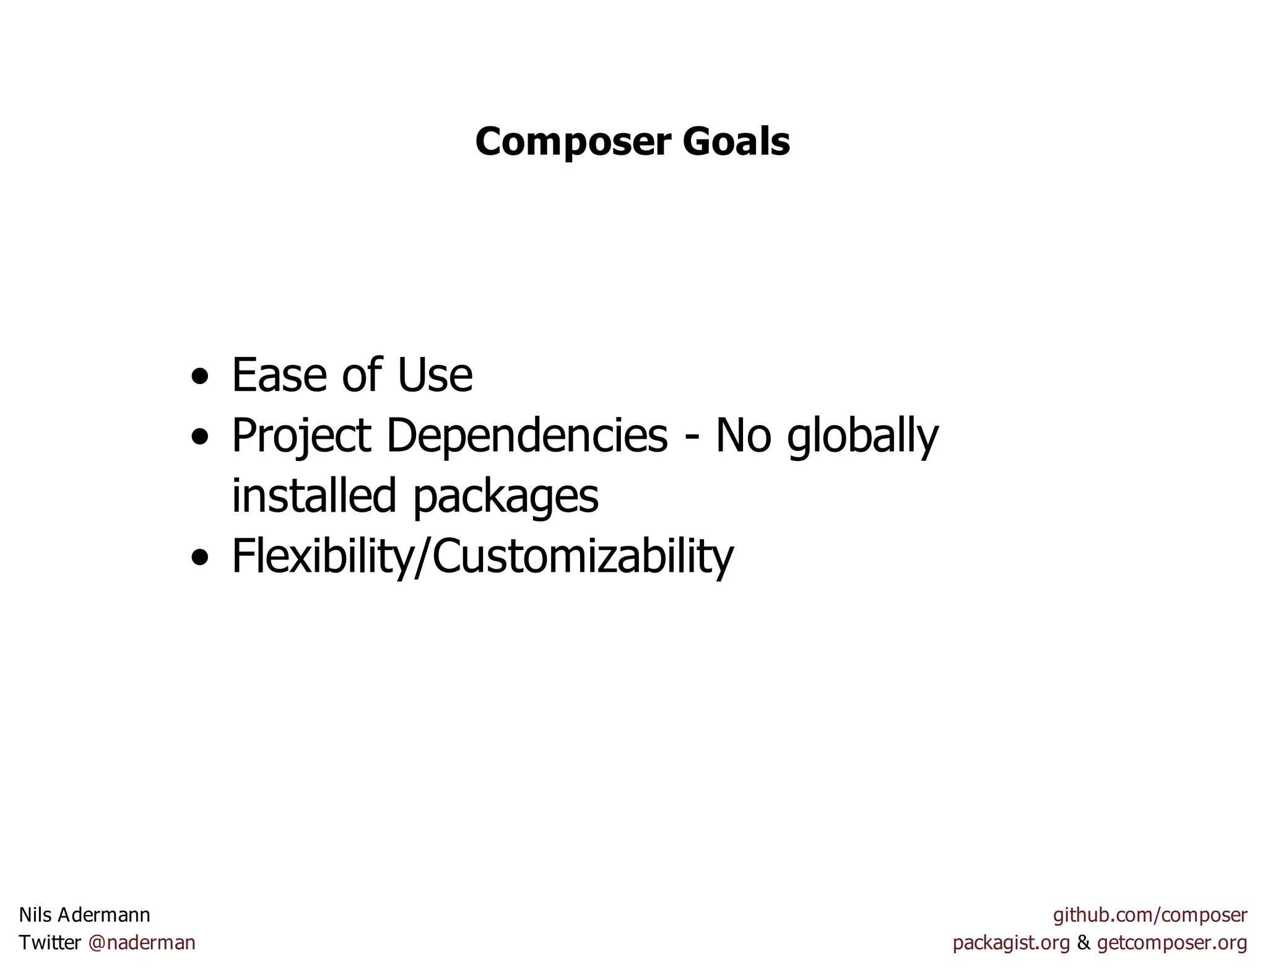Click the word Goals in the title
(736, 142)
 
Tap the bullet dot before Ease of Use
(199, 376)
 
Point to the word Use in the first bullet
(435, 375)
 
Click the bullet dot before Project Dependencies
(199, 437)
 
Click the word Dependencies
(527, 436)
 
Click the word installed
(313, 496)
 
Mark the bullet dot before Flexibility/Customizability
(199, 557)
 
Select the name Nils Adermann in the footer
(85, 914)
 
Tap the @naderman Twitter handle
(142, 942)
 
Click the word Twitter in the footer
(50, 942)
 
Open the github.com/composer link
(1150, 915)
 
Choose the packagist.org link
(1011, 943)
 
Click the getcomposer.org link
(1171, 943)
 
